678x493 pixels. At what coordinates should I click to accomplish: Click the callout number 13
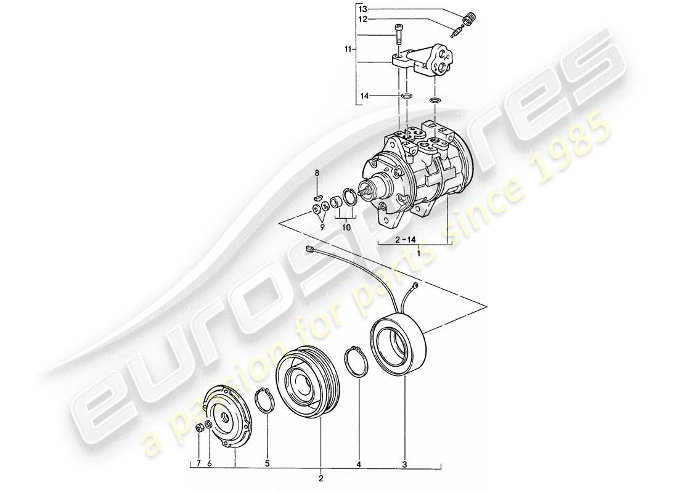pyautogui.click(x=362, y=9)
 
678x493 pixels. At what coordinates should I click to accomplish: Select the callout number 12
pyautogui.click(x=362, y=19)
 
